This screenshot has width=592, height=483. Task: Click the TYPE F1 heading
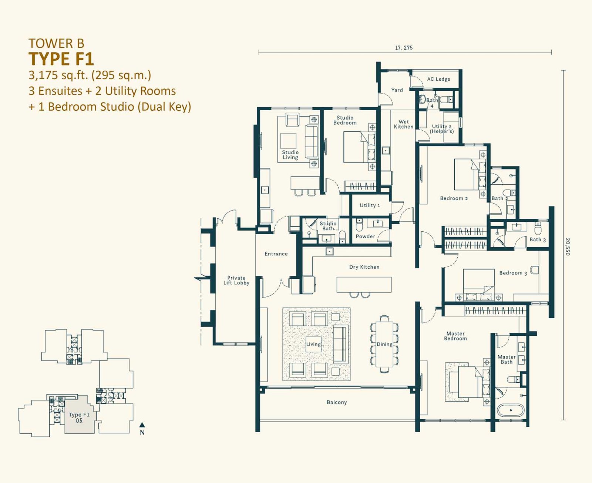click(61, 59)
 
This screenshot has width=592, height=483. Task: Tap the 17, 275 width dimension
click(404, 48)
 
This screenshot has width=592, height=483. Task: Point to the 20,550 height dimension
click(568, 247)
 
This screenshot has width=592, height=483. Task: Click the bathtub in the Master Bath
click(511, 410)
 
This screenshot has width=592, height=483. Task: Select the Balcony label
click(337, 402)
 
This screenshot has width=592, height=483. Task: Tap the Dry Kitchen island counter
click(364, 285)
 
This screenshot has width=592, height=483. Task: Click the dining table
click(384, 344)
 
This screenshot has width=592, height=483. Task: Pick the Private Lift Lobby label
click(236, 280)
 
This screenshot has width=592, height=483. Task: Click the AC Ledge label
click(438, 79)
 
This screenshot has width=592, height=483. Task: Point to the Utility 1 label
click(370, 205)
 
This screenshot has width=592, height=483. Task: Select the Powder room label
click(365, 237)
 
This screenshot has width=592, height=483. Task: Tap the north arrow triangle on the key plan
click(142, 425)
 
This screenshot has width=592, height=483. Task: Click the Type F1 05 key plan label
click(79, 417)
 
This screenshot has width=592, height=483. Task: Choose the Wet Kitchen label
click(403, 124)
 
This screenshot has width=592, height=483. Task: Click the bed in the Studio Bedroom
click(359, 147)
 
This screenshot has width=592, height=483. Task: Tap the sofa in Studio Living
click(312, 142)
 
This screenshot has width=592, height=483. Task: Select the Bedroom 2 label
click(454, 198)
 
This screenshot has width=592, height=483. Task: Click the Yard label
click(397, 90)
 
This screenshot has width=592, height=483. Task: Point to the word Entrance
click(276, 254)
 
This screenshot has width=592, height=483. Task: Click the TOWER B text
click(56, 44)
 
